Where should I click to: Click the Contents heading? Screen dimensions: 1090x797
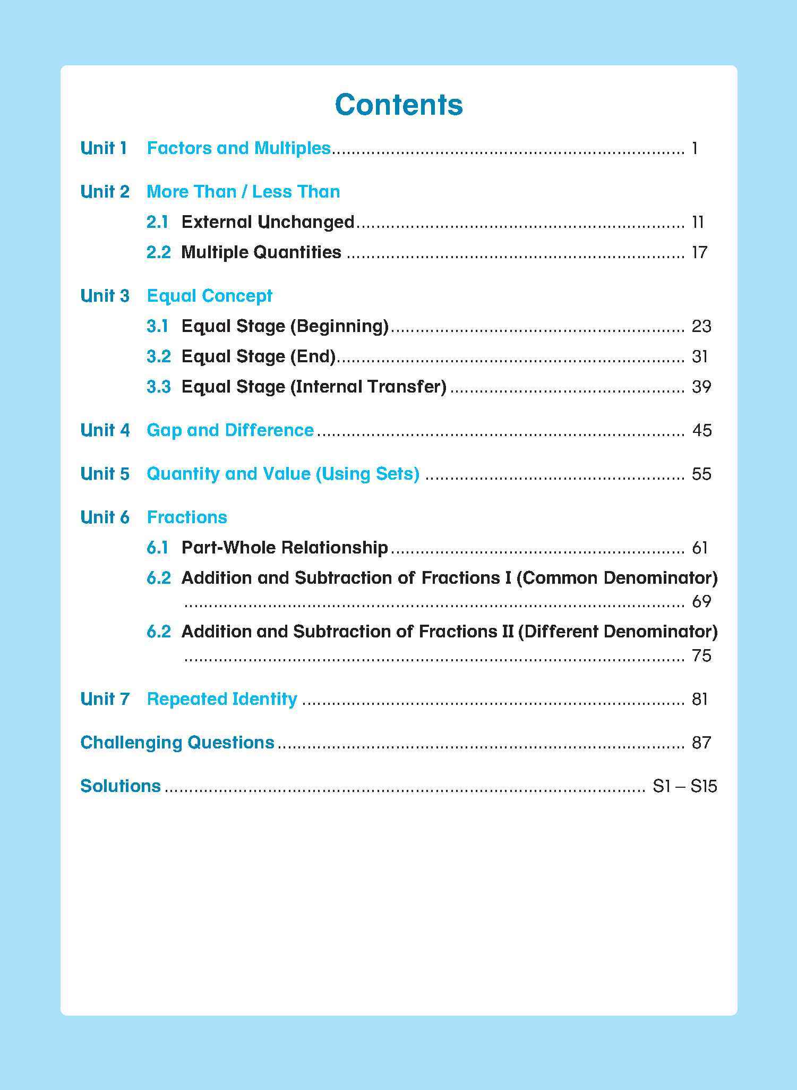pos(399,105)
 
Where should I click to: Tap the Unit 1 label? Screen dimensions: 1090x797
pos(104,148)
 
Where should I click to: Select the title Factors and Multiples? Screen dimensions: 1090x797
pos(238,148)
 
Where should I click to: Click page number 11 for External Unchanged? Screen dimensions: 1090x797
pos(698,222)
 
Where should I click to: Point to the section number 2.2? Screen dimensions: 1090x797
pos(158,252)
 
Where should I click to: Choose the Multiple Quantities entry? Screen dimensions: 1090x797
pos(261,252)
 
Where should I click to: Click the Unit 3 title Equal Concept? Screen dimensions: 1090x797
pos(209,296)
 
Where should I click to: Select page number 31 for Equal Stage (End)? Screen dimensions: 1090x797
pos(700,356)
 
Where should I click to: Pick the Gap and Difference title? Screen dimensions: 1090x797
pos(230,430)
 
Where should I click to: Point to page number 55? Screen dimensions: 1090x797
pos(701,474)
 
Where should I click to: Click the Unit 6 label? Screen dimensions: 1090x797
pos(105,517)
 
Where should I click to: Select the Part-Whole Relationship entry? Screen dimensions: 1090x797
pos(285,548)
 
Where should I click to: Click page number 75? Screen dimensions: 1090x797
pos(701,656)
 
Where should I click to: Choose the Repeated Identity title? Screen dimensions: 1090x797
pos(221,699)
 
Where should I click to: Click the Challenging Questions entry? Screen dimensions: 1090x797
pos(177,743)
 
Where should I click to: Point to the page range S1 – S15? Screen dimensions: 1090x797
pos(684,786)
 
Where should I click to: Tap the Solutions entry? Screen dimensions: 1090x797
pos(121,786)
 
